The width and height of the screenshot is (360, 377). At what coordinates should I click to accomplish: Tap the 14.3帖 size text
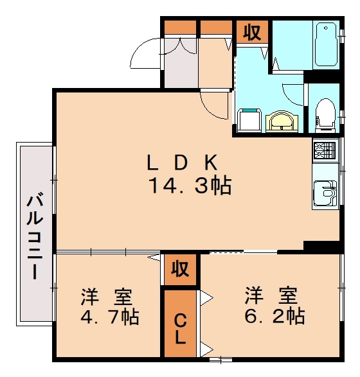[190, 186]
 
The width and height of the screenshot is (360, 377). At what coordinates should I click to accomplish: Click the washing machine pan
[250, 119]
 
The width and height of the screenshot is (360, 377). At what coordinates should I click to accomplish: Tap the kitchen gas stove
[325, 152]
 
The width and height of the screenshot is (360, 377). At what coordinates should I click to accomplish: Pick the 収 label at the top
[252, 32]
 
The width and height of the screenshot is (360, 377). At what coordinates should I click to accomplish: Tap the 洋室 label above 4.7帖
[107, 298]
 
